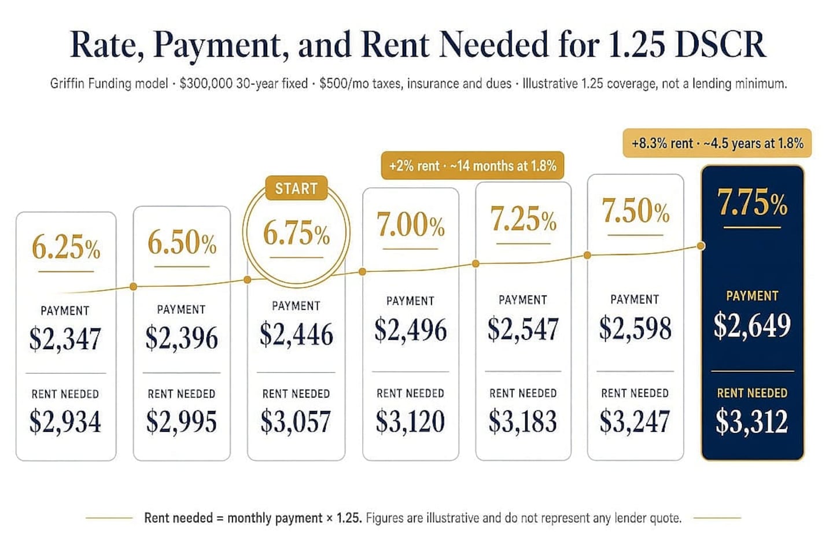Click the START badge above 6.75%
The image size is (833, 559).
pyautogui.click(x=296, y=188)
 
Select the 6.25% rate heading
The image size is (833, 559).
pyautogui.click(x=66, y=247)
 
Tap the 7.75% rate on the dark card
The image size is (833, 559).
pyautogui.click(x=752, y=202)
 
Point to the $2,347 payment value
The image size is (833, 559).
pyautogui.click(x=65, y=338)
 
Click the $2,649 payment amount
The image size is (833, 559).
pyautogui.click(x=752, y=325)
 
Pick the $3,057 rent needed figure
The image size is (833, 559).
pyautogui.click(x=296, y=421)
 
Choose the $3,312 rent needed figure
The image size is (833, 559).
pyautogui.click(x=751, y=421)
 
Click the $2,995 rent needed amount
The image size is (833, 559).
pyautogui.click(x=182, y=421)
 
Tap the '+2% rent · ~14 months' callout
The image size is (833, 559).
pyautogui.click(x=473, y=165)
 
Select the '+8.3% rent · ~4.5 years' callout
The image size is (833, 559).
pyautogui.click(x=717, y=143)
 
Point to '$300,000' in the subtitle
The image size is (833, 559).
pyautogui.click(x=206, y=84)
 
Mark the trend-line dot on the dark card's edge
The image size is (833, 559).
pyautogui.click(x=701, y=246)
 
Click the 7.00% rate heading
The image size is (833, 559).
pyautogui.click(x=410, y=225)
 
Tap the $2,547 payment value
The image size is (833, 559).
pyautogui.click(x=523, y=329)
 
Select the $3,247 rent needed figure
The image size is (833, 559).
pyautogui.click(x=635, y=421)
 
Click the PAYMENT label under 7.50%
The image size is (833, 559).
pyautogui.click(x=635, y=299)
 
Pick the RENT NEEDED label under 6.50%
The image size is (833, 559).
pyautogui.click(x=182, y=394)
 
